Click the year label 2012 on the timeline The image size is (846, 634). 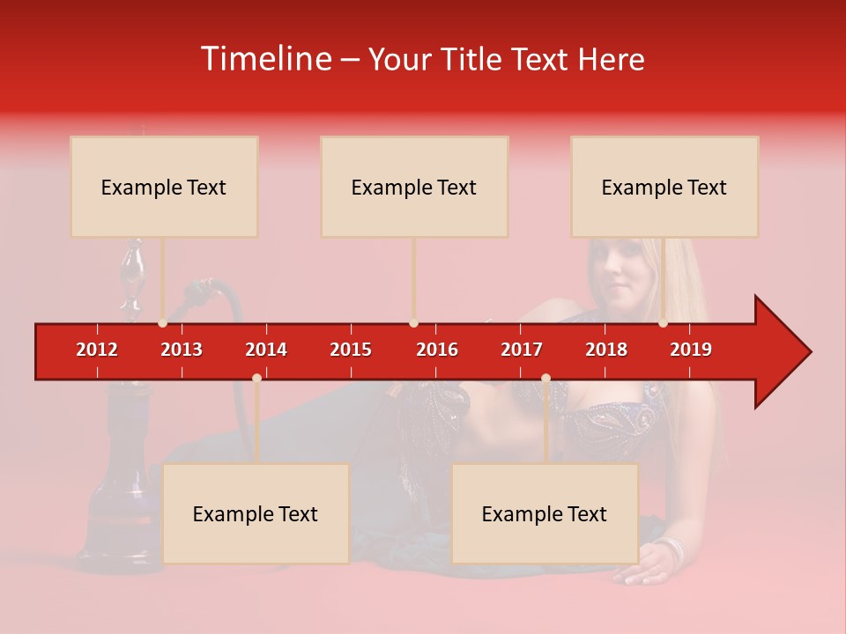(x=97, y=350)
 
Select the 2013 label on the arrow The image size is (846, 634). (x=182, y=350)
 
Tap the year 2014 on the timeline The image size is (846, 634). (x=266, y=350)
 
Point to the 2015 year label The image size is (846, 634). (x=351, y=350)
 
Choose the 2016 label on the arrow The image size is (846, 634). (x=437, y=350)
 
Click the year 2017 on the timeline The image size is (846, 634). (x=522, y=350)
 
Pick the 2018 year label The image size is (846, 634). (x=606, y=350)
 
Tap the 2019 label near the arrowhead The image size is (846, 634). (x=691, y=350)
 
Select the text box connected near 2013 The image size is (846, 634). (x=164, y=187)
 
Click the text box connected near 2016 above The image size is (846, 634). (x=414, y=187)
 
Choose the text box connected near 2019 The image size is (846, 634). (x=664, y=187)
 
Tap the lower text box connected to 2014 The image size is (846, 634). (x=256, y=513)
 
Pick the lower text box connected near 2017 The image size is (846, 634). (x=545, y=513)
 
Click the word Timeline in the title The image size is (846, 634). (x=264, y=59)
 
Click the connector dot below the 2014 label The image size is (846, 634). (x=256, y=378)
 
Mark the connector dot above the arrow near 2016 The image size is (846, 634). (x=413, y=323)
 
